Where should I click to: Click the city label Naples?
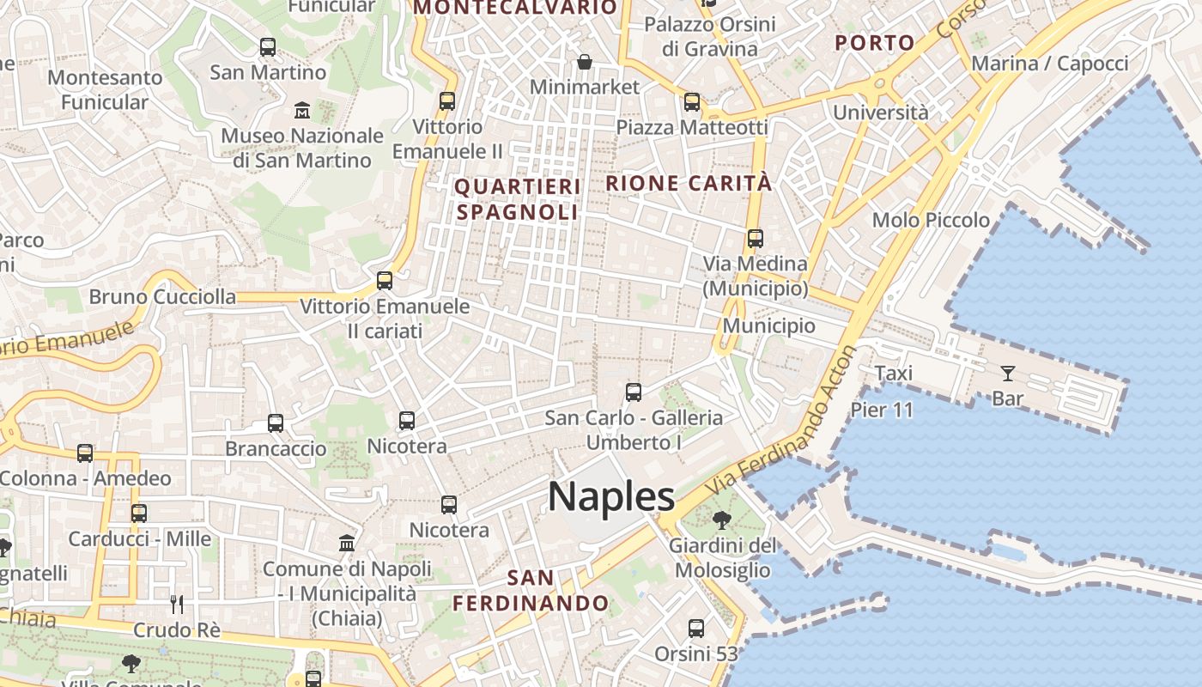[x=611, y=497]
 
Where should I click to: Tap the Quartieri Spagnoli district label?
[x=518, y=199]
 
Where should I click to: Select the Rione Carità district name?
[x=689, y=183]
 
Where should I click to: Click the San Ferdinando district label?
[x=531, y=590]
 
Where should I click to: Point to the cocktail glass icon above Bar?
[x=1007, y=374]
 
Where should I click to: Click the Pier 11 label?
[x=882, y=410]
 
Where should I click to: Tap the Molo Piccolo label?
[x=931, y=220]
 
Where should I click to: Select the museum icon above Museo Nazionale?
[x=302, y=111]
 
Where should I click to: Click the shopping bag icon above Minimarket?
[x=585, y=62]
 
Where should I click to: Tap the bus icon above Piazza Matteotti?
[x=692, y=102]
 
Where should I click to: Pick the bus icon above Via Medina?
[x=756, y=239]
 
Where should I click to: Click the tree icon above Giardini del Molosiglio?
[x=722, y=520]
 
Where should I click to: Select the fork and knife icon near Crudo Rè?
[x=177, y=605]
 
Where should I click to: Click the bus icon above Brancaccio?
[x=276, y=423]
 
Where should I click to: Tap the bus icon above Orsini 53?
[x=696, y=629]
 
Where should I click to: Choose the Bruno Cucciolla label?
[x=162, y=297]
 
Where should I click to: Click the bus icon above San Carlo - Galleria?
[x=634, y=392]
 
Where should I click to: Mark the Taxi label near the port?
[x=893, y=374]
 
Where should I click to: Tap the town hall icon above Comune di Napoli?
[x=347, y=544]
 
